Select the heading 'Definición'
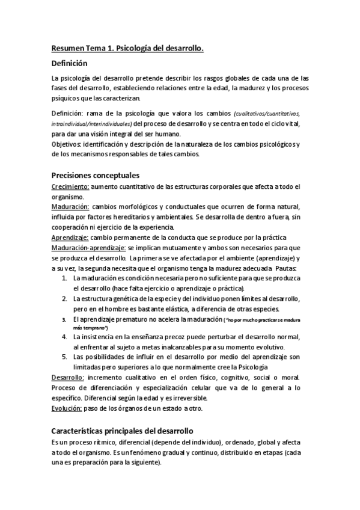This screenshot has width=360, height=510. [69, 63]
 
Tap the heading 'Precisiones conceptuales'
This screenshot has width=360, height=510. [96, 176]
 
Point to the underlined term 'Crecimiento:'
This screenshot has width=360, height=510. [71, 187]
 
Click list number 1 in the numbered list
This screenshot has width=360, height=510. [65, 278]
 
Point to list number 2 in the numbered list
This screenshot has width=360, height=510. [65, 298]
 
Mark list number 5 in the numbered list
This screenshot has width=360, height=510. [65, 357]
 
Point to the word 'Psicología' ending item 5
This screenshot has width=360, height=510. [251, 366]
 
